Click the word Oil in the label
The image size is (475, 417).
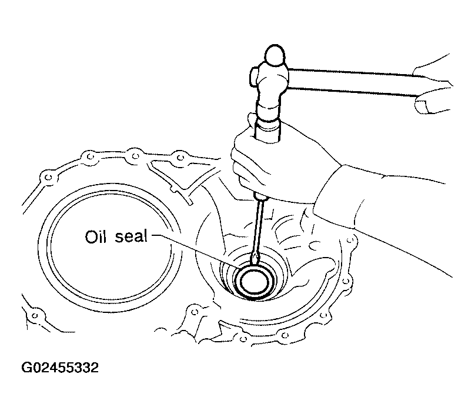point(95,236)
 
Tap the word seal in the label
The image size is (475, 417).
point(131,236)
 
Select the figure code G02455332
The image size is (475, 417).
point(60,368)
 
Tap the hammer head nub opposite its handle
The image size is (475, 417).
point(254,76)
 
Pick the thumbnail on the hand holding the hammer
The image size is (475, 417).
point(420,106)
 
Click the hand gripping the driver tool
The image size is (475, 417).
point(282,164)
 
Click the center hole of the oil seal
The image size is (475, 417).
point(255,282)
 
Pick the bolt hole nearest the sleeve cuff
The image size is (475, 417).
point(350,241)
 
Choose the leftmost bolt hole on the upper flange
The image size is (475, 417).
point(48,177)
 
